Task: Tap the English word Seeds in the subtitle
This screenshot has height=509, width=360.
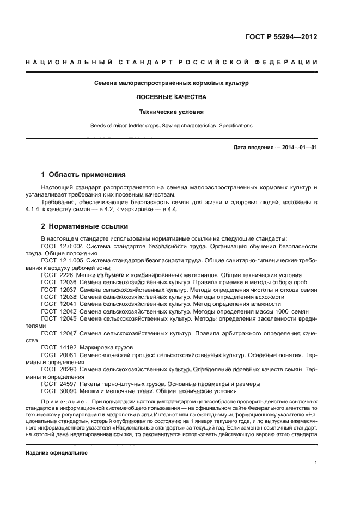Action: point(98,126)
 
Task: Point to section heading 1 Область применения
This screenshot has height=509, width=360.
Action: point(83,175)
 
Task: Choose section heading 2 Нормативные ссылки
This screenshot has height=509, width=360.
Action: point(84,226)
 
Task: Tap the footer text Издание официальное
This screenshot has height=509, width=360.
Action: point(57,452)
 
